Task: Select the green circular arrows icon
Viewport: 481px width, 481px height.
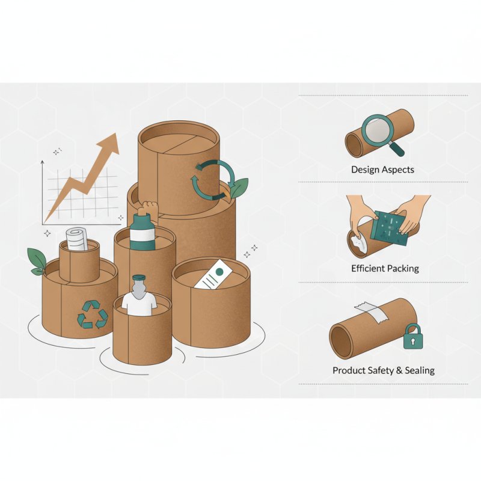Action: [207, 177]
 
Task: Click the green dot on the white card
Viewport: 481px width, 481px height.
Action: [219, 272]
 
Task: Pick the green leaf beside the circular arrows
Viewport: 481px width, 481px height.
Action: [239, 188]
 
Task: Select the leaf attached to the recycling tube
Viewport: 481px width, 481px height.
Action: [36, 260]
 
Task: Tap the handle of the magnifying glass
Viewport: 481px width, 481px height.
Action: [397, 147]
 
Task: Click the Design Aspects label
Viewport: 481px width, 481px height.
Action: [382, 170]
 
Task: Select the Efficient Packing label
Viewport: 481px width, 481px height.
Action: [385, 268]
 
